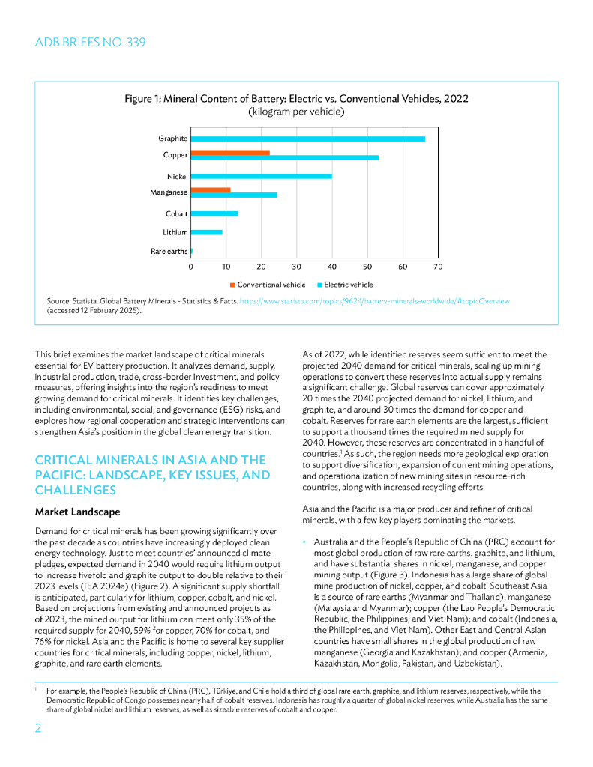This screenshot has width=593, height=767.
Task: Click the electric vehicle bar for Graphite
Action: click(307, 139)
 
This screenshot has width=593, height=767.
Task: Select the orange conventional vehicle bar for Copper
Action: click(230, 153)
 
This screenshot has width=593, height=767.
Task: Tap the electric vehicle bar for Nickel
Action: click(261, 176)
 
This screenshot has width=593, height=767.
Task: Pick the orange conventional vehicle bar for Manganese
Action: click(211, 190)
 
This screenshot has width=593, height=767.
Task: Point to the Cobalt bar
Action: click(214, 213)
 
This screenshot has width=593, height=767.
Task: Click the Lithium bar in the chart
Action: click(207, 232)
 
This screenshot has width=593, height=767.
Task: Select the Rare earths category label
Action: click(169, 252)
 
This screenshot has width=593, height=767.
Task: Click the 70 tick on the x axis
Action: click(438, 267)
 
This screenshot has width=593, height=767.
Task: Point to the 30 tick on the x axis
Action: click(296, 267)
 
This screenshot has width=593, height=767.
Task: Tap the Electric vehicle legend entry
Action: click(347, 285)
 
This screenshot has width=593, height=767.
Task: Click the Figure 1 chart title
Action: click(296, 99)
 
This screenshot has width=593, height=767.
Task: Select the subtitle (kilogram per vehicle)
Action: click(296, 112)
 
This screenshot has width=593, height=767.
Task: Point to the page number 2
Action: click(39, 729)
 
